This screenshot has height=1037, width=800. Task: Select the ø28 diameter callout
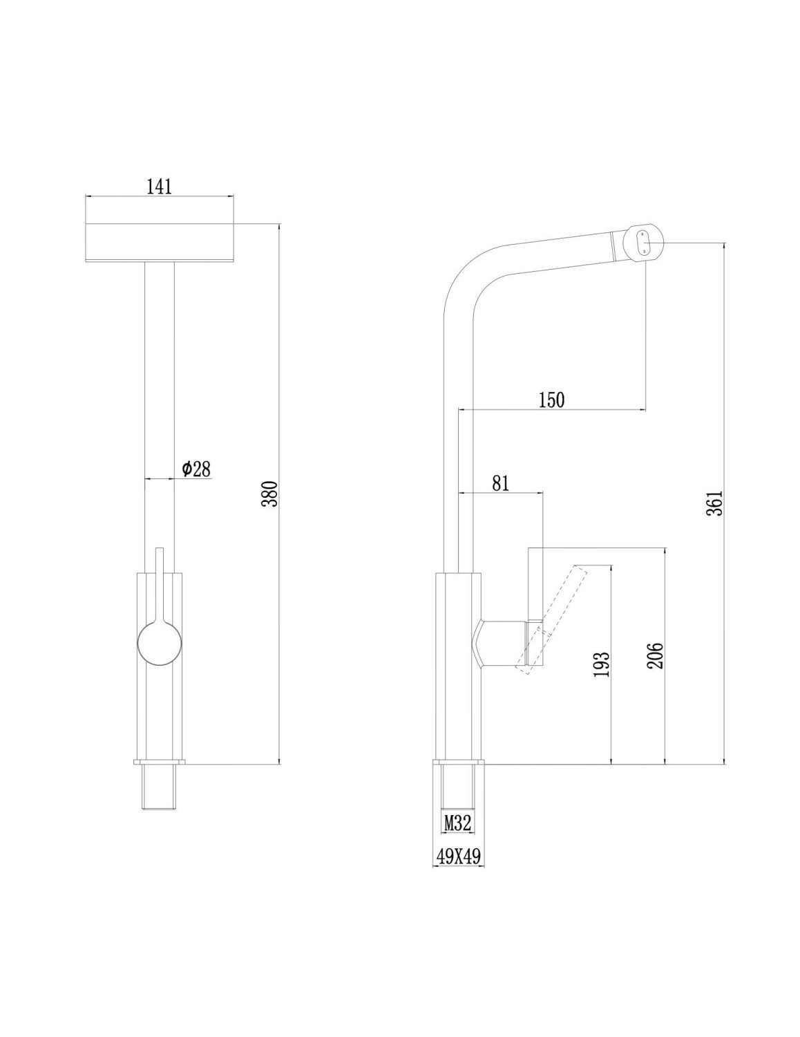click(x=196, y=469)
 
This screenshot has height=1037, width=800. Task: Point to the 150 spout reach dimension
click(x=551, y=400)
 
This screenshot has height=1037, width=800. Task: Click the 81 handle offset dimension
click(x=500, y=483)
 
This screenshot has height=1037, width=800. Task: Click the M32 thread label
click(x=457, y=823)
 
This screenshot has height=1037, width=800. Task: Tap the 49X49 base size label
click(x=457, y=856)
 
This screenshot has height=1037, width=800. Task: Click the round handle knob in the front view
click(x=160, y=643)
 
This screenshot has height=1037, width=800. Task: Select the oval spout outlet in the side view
click(x=644, y=243)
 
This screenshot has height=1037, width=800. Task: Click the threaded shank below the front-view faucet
click(x=160, y=787)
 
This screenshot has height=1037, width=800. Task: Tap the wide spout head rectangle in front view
click(x=159, y=243)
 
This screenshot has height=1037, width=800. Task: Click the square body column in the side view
click(x=457, y=664)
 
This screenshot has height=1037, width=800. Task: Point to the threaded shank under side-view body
click(x=457, y=787)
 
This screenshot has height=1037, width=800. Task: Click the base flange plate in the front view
click(x=160, y=762)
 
